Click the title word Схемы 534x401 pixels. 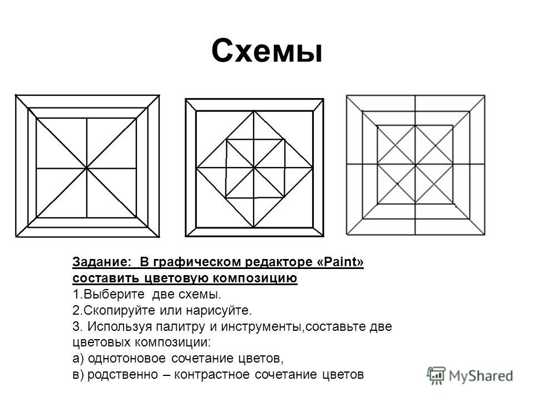click(266, 51)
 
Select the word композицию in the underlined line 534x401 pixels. click(255, 278)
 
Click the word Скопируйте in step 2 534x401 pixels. click(120, 310)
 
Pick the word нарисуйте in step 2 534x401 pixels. click(219, 310)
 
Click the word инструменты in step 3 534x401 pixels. click(262, 327)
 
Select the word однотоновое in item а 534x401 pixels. click(127, 358)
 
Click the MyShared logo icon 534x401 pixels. click(436, 376)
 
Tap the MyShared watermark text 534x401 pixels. click(481, 376)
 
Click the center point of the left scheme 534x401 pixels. click(87, 168)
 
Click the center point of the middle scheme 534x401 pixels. click(254, 168)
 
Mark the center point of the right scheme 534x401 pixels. click(415, 165)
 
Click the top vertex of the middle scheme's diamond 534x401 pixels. click(254, 111)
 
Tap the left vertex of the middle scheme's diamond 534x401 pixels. click(196, 168)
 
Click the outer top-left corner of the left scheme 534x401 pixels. click(16, 95)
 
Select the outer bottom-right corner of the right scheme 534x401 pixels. click(484, 234)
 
